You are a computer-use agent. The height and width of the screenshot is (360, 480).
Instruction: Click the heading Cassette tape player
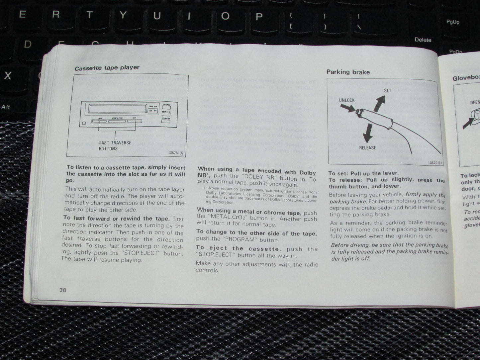pyautogui.click(x=107, y=68)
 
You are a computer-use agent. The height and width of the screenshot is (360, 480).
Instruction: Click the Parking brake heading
pyautogui.click(x=348, y=72)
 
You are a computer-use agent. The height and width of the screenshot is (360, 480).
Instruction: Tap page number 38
pyautogui.click(x=62, y=290)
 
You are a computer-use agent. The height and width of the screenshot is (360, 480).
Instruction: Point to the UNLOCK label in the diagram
pyautogui.click(x=347, y=100)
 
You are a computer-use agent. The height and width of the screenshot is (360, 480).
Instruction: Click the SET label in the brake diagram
pyautogui.click(x=387, y=90)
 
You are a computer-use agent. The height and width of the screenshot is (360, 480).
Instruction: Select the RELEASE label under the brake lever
pyautogui.click(x=367, y=148)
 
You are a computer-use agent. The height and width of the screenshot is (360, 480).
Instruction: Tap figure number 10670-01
pyautogui.click(x=435, y=163)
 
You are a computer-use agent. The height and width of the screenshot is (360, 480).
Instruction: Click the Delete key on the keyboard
pyautogui.click(x=423, y=40)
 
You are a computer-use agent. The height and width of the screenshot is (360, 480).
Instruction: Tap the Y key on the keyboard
pyautogui.click(x=123, y=16)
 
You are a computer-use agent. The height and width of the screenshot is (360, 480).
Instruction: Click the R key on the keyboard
pyautogui.click(x=56, y=15)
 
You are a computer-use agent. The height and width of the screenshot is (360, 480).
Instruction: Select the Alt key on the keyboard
pyautogui.click(x=6, y=107)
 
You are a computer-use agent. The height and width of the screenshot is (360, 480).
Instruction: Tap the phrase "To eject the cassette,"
pyautogui.click(x=238, y=248)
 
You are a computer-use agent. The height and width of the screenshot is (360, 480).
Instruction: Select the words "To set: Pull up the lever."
pyautogui.click(x=363, y=173)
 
